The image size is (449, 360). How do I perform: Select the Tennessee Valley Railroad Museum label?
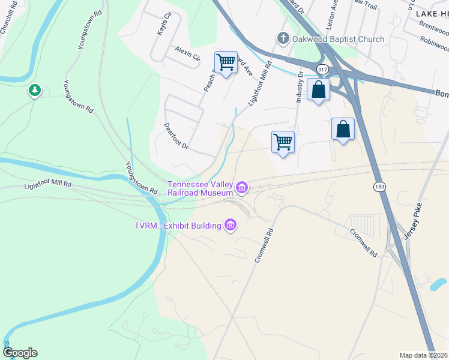click(200, 188)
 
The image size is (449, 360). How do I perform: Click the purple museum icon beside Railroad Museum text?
click(242, 188)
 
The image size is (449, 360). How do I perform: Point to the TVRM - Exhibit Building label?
click(178, 226)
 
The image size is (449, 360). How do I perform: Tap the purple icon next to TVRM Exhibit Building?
click(229, 226)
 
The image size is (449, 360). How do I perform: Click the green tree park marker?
click(35, 91)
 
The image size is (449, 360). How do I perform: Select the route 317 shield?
click(323, 70)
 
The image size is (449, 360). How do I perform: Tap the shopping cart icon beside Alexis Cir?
click(226, 62)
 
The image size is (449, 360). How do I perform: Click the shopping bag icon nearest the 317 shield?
click(319, 90)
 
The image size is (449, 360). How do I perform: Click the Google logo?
click(19, 353)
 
